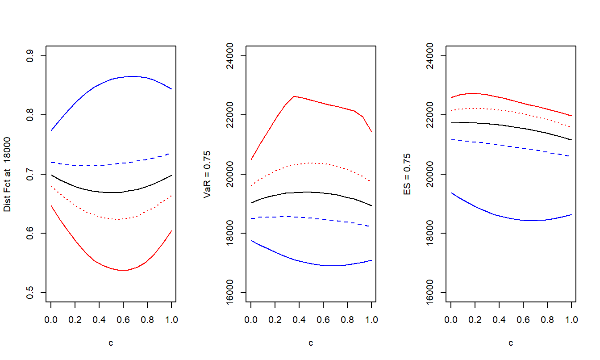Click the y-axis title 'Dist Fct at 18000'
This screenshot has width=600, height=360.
pos(8,174)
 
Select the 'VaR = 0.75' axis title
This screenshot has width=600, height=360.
pos(207,174)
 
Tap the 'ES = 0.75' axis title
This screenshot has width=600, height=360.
pos(407,174)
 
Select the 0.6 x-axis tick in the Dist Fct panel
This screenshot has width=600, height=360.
pos(124,320)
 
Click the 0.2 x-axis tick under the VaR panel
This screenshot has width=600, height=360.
pos(275,320)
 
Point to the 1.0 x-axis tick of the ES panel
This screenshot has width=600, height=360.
pos(571,320)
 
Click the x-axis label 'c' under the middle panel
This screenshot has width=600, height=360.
pos(311,343)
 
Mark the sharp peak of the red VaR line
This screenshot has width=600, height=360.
pos(294,96)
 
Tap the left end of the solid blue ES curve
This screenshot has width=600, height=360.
pos(451,193)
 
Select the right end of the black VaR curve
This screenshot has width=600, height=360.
pos(371,206)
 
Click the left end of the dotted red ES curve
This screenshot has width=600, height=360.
pos(451,110)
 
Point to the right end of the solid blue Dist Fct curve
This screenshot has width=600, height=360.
pos(171,89)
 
